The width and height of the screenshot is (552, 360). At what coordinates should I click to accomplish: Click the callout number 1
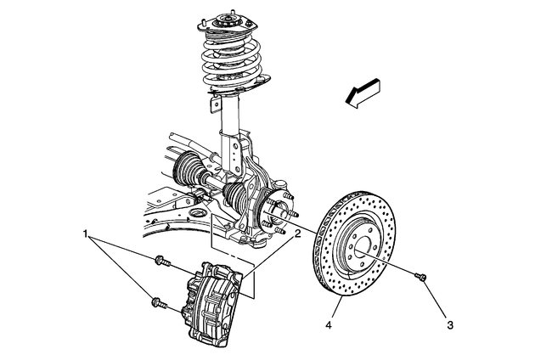pyautogui.click(x=86, y=232)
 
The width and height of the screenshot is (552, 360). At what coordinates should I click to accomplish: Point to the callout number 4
pyautogui.click(x=327, y=323)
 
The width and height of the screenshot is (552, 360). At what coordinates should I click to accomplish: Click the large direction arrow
pyautogui.click(x=363, y=92)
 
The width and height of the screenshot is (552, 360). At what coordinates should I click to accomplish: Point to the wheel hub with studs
pyautogui.click(x=273, y=213)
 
